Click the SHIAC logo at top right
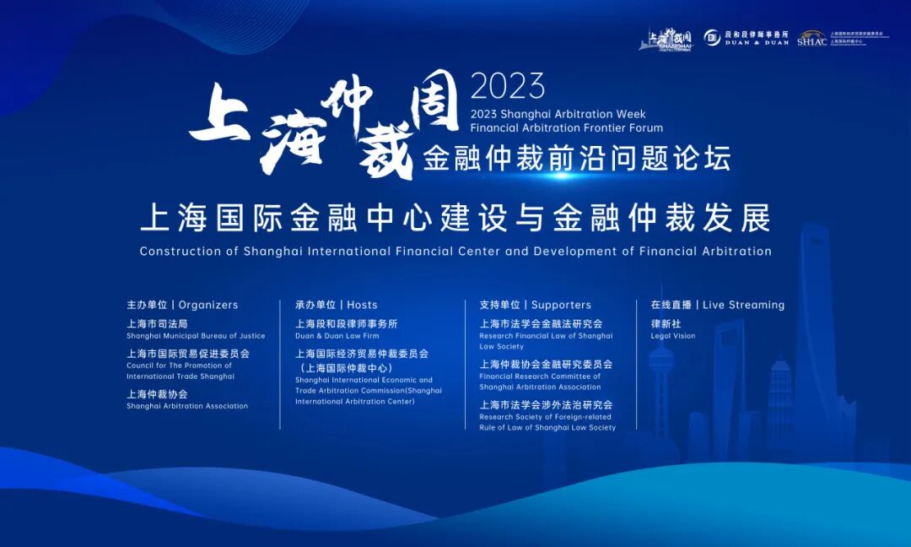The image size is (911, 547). tap(811, 38)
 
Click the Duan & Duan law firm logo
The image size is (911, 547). tap(747, 37)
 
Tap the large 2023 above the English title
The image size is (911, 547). tap(508, 86)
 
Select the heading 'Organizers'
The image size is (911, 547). tap(208, 305)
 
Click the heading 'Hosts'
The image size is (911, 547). tap(362, 305)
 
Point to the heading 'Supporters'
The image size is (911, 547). tap(561, 305)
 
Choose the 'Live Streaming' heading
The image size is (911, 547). tap(743, 305)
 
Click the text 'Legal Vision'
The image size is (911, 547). tap(673, 336)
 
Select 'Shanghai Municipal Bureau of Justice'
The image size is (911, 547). tap(196, 336)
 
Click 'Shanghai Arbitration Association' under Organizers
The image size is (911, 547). tap(187, 406)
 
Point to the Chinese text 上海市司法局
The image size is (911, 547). tap(157, 323)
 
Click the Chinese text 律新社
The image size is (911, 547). tap(666, 323)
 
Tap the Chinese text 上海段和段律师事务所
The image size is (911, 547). tap(346, 323)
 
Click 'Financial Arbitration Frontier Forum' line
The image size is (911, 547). tap(566, 128)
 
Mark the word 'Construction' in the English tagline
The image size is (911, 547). tap(174, 251)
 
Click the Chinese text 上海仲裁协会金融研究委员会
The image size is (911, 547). tap(546, 364)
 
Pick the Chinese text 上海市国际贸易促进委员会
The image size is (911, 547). tap(188, 354)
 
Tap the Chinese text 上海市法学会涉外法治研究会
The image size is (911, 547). tap(546, 404)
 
